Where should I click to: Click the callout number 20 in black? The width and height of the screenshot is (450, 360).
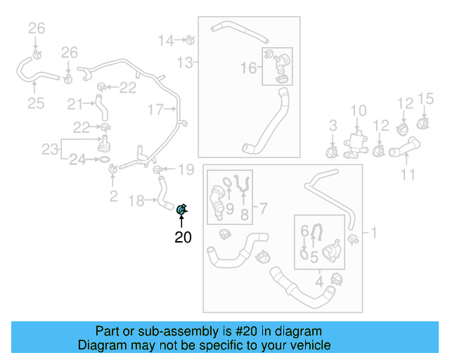tap(183, 238)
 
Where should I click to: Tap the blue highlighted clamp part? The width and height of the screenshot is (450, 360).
tap(181, 209)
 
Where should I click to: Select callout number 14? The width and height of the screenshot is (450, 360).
tap(166, 40)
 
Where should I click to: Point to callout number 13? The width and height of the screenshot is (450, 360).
tap(184, 63)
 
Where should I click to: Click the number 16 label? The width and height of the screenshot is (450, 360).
tap(249, 67)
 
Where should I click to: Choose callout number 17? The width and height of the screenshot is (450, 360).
tap(155, 109)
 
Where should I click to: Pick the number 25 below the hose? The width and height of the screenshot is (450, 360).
tap(36, 104)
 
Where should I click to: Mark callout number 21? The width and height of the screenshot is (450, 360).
tap(75, 104)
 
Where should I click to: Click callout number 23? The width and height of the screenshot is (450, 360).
tap(49, 149)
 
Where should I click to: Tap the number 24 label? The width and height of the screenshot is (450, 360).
tap(77, 160)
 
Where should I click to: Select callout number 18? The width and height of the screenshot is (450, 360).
tap(139, 201)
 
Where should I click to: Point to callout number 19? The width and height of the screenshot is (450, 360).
tap(185, 169)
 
